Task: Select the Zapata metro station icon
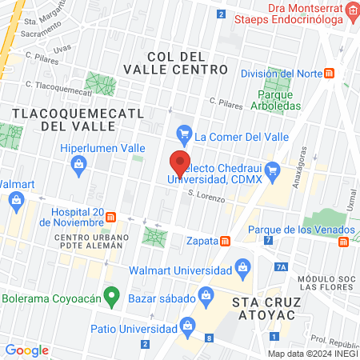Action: coord(226,240)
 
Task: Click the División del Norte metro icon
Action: coord(330,74)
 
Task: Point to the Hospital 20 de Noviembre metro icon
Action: coord(111,217)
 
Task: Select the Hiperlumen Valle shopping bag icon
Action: coord(78,166)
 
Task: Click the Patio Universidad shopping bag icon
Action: coord(190,324)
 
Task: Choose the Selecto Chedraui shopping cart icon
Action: coord(272,168)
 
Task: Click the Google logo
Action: coord(26,350)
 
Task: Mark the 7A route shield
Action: coord(280,267)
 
